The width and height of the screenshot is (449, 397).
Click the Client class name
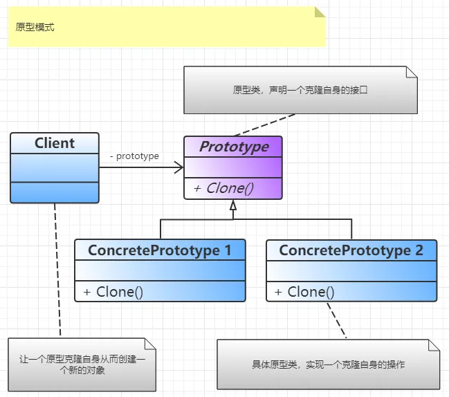point(55,143)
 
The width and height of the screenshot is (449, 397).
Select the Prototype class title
point(234,147)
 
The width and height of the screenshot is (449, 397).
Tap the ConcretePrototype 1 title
point(160,250)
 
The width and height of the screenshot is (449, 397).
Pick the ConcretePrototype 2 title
point(351,250)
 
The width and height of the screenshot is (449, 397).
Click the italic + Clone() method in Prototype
point(223,188)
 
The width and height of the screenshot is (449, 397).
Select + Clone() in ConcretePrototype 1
point(113,292)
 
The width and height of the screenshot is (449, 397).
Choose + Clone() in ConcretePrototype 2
point(304,292)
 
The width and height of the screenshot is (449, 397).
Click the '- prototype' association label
point(134,156)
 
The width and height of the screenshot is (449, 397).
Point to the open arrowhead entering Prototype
point(179,167)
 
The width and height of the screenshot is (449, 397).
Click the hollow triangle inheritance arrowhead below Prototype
point(233,205)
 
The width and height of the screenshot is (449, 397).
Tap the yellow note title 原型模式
point(35,27)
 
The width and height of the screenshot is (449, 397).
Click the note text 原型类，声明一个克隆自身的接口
point(300,90)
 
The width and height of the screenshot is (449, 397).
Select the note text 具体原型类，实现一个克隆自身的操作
point(328,364)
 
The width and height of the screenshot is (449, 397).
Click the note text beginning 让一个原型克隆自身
point(82,364)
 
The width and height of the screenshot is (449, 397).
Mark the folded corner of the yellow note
point(320,12)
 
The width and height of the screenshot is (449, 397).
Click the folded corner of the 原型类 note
point(412,72)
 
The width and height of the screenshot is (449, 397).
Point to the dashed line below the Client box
point(57,269)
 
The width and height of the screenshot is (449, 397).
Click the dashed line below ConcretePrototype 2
point(336,320)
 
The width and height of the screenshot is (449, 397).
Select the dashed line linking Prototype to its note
point(264,124)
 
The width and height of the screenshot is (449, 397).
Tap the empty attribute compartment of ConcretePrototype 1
point(160,270)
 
